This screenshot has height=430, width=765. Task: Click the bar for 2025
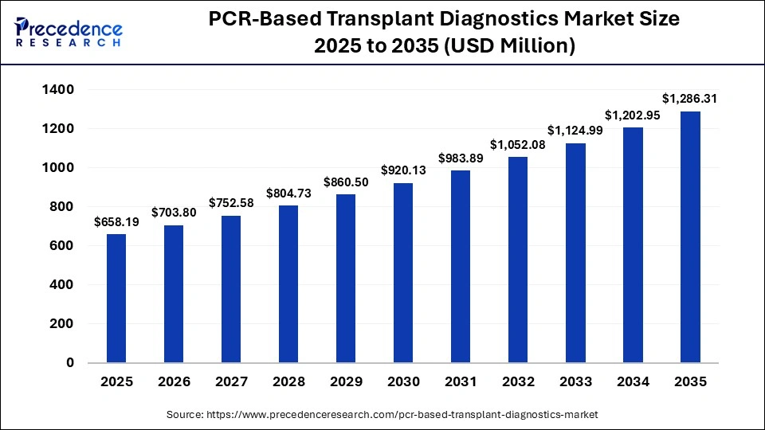pos(116,298)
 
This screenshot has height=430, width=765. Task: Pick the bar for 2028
pos(288,283)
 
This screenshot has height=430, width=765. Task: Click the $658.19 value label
pos(116,222)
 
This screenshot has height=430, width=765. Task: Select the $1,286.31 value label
pos(690,99)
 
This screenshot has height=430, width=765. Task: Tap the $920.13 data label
pos(403,170)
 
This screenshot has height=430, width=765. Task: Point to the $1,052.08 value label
pos(518,144)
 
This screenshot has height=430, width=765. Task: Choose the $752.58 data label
pos(230,203)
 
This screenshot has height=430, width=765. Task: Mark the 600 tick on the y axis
pos(62,246)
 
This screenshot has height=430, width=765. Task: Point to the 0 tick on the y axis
pos(70,363)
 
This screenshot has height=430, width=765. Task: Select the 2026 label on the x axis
pos(173,382)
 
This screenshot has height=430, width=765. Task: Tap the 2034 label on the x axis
pos(633,382)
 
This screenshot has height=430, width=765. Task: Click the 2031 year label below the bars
pos(461,382)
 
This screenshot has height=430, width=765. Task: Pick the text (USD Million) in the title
pos(511,46)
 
